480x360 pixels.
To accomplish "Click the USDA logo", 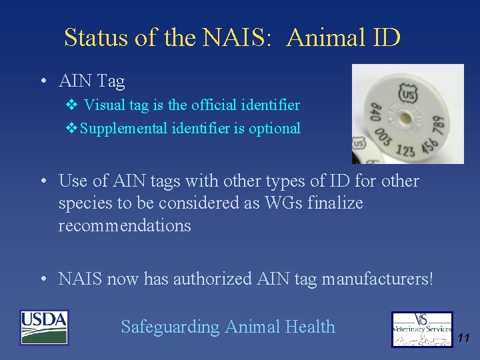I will point(45,327).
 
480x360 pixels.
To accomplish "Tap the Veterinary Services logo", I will point(421,329).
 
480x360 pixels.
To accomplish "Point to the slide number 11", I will point(464,339).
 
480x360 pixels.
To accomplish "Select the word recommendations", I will point(125,225).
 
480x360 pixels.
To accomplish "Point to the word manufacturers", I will point(377,278).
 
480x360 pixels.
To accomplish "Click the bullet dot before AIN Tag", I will point(42,82).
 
